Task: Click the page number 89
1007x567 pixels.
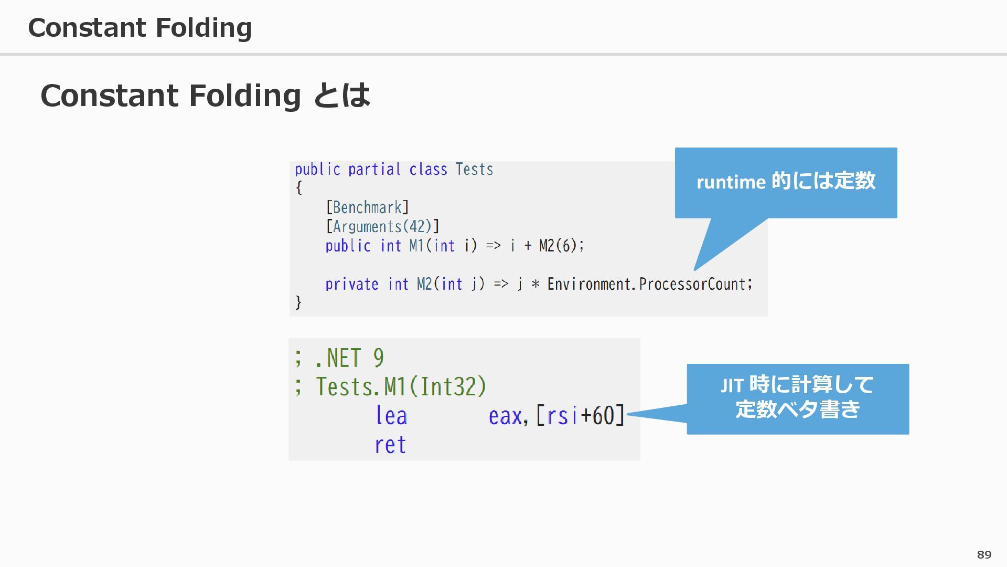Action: [x=984, y=554]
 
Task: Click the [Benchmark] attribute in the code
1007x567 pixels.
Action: [x=367, y=207]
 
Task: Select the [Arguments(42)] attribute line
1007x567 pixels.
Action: [x=382, y=226]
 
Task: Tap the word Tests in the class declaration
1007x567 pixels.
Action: [x=474, y=169]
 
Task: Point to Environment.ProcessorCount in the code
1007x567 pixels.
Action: [x=649, y=284]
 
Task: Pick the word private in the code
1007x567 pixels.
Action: [x=351, y=284]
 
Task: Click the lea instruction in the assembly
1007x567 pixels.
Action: [x=391, y=416]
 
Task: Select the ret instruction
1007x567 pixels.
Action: [x=390, y=445]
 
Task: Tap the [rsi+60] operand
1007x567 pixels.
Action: [x=580, y=416]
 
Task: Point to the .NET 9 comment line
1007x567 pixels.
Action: [x=340, y=358]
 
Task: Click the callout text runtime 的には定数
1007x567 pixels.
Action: [x=786, y=182]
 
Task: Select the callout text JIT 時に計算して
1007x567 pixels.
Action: [x=797, y=385]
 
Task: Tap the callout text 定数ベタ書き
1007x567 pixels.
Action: [x=797, y=409]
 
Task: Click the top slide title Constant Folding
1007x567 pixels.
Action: [x=140, y=27]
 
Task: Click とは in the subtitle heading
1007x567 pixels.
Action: [x=342, y=96]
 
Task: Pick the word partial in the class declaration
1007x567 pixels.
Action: [x=374, y=169]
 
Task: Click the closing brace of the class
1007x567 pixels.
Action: [x=298, y=302]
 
